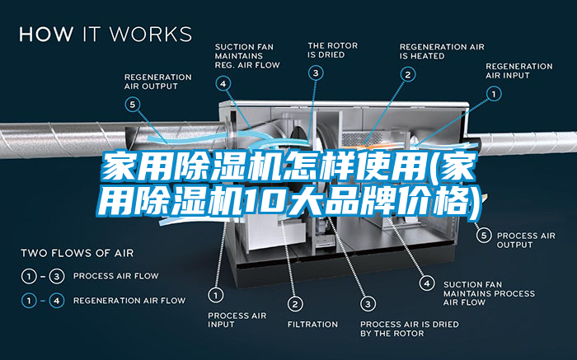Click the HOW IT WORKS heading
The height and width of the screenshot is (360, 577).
tap(105, 35)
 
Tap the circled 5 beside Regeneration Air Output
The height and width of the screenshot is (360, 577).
tap(134, 105)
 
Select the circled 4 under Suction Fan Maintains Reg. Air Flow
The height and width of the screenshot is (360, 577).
tap(223, 82)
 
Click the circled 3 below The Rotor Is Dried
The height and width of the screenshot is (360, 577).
tap(316, 73)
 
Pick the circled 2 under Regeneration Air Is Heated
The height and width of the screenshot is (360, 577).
tap(407, 73)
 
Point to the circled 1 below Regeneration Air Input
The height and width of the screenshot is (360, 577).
tap(493, 95)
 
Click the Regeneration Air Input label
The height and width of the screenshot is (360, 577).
tap(518, 71)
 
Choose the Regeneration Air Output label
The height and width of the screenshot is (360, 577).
tap(157, 82)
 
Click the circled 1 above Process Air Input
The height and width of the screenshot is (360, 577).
tap(216, 293)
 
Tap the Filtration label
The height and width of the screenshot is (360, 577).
tap(312, 324)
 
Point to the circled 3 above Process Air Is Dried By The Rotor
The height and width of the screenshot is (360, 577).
tap(368, 302)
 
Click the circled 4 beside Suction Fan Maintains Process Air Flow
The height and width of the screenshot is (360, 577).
tap(426, 283)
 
